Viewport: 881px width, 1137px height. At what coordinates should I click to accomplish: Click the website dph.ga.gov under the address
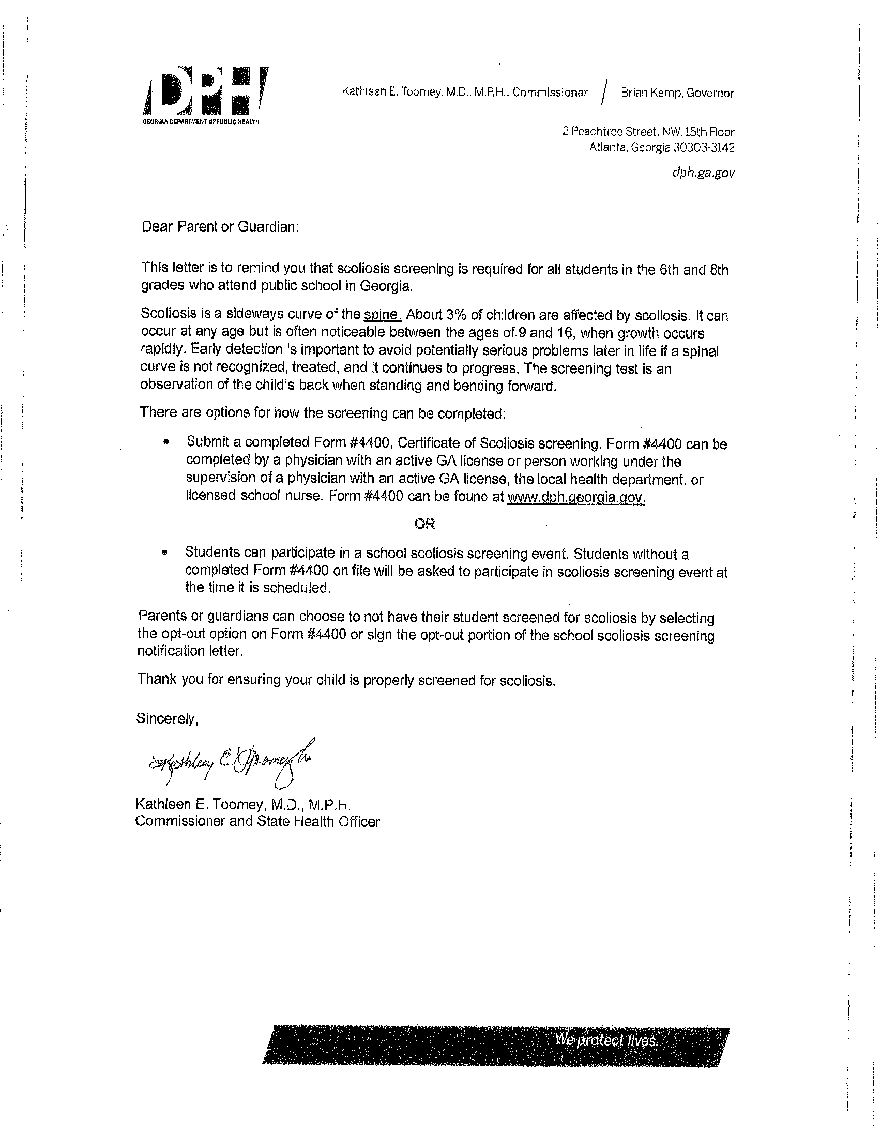[703, 173]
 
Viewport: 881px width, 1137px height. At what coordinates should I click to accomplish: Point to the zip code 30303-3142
[704, 147]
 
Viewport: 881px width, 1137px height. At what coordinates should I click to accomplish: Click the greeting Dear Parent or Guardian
[220, 227]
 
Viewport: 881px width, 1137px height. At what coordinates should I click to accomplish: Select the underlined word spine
[382, 315]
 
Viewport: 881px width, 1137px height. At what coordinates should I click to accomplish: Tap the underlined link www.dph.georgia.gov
[576, 497]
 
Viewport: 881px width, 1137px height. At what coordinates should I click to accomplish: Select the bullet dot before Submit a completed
[166, 443]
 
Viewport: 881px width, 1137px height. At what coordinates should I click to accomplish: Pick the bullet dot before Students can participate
[165, 554]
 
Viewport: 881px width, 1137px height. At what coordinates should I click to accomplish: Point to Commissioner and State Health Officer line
[258, 822]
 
